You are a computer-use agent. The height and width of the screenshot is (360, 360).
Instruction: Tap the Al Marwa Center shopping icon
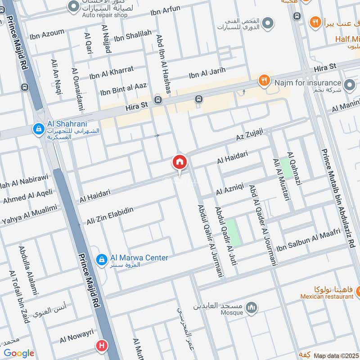pyautogui.click(x=102, y=259)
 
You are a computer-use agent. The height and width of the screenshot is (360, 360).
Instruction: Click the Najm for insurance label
pyautogui.click(x=306, y=83)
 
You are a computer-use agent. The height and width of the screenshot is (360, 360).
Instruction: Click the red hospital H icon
pyautogui.click(x=101, y=346)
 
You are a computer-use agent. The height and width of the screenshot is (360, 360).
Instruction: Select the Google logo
pyautogui.click(x=18, y=353)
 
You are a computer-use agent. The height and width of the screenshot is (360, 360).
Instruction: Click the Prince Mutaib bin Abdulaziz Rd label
pyautogui.click(x=338, y=198)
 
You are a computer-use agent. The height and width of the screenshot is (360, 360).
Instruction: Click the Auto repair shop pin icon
pyautogui.click(x=73, y=6)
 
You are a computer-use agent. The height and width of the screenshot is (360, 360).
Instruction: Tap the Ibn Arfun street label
pyautogui.click(x=165, y=9)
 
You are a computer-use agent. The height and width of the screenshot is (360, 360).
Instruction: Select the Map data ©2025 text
pyautogui.click(x=336, y=355)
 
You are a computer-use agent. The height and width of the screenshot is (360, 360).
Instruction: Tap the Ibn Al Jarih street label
pyautogui.click(x=207, y=72)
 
